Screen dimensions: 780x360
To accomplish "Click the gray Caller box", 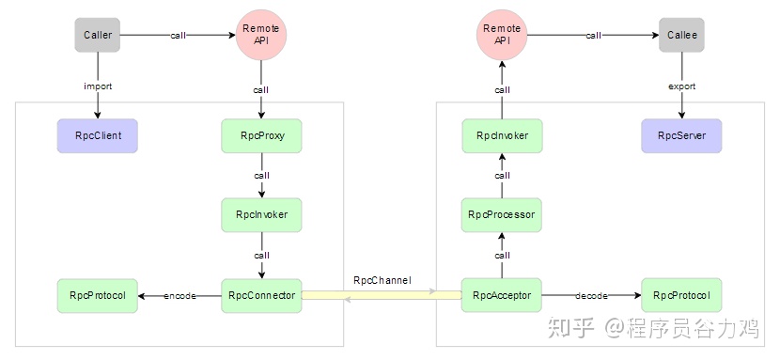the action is tap(98, 35).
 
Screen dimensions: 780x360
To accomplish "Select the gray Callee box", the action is tap(681, 35).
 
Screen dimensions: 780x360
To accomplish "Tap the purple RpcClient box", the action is tap(98, 135).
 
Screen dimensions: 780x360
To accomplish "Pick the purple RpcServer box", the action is tap(681, 135).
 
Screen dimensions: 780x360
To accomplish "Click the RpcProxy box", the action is tap(261, 135).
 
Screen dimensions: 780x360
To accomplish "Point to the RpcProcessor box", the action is tap(502, 215).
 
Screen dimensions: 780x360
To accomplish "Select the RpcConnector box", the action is tap(261, 295).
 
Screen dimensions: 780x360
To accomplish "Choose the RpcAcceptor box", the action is tap(502, 295).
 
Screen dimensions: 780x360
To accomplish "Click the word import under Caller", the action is tap(98, 86).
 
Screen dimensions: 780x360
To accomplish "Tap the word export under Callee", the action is tap(681, 86).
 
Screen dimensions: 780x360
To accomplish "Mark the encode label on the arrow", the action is tap(179, 296).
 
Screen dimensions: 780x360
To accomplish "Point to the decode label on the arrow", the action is tap(591, 296).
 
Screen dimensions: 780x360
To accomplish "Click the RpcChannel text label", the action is tap(382, 280).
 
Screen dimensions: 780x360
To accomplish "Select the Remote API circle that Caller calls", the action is tap(261, 35).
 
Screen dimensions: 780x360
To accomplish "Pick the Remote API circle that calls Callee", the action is tap(502, 35).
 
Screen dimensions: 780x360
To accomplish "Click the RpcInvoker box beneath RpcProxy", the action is tap(261, 215).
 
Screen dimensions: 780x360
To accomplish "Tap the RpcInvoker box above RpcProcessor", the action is tap(502, 135).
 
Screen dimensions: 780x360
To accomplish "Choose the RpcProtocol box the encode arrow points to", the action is tap(98, 295).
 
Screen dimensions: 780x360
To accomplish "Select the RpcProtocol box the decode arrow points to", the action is tap(681, 295).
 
